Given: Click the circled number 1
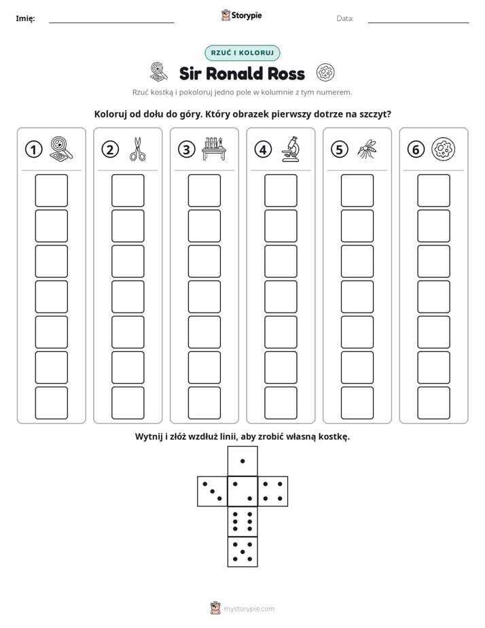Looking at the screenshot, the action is pos(33,150).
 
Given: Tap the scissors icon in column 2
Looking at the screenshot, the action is pos(138,150).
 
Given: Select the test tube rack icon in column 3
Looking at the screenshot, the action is pos(214,149).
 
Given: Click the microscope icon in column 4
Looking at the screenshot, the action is pos(291,149).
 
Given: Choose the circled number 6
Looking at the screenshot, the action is pos(416,150).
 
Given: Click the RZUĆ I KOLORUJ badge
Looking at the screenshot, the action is pos(242,53).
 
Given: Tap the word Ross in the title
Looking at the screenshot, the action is pos(286,73).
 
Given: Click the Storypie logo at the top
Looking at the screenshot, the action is pos(241,16).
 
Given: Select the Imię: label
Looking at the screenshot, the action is pos(25,18).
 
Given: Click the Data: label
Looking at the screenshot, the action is pos(345,18).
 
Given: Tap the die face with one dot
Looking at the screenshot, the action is pos(242,461).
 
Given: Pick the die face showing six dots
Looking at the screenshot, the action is pos(242,521).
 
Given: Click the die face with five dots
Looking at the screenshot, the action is pos(242,551).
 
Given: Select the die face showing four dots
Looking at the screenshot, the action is pos(273,491).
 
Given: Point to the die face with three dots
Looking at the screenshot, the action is pos(213,491).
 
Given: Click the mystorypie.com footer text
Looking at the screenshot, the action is pos(249,609).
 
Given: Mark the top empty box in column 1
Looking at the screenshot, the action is pos(51,190).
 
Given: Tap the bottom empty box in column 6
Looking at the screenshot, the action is pos(434,403).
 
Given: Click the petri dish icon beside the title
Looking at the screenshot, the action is pos(325,73).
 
